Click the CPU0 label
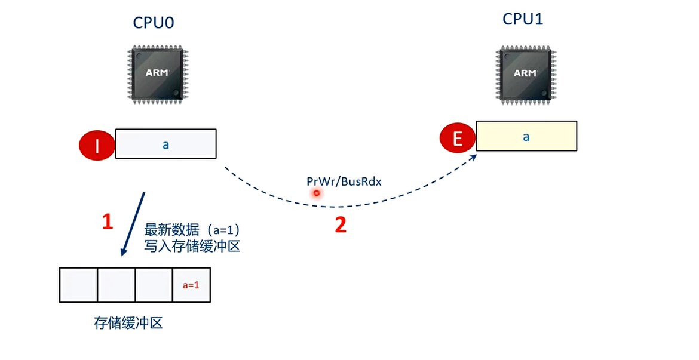pyautogui.click(x=154, y=23)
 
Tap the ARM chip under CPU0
pyautogui.click(x=157, y=74)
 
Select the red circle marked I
pyautogui.click(x=98, y=145)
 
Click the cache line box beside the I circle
pyautogui.click(x=165, y=144)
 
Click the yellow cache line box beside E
pyautogui.click(x=526, y=136)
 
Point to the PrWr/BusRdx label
pyautogui.click(x=344, y=181)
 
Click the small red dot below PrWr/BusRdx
pyautogui.click(x=316, y=193)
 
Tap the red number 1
pyautogui.click(x=108, y=222)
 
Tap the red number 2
pyautogui.click(x=340, y=225)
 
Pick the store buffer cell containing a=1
pyautogui.click(x=191, y=285)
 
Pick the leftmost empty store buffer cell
pyautogui.click(x=79, y=285)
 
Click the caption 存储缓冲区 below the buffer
pyautogui.click(x=128, y=323)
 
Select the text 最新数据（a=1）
pyautogui.click(x=192, y=230)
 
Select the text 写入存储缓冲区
pyautogui.click(x=192, y=245)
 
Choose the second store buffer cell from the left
pyautogui.click(x=116, y=285)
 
